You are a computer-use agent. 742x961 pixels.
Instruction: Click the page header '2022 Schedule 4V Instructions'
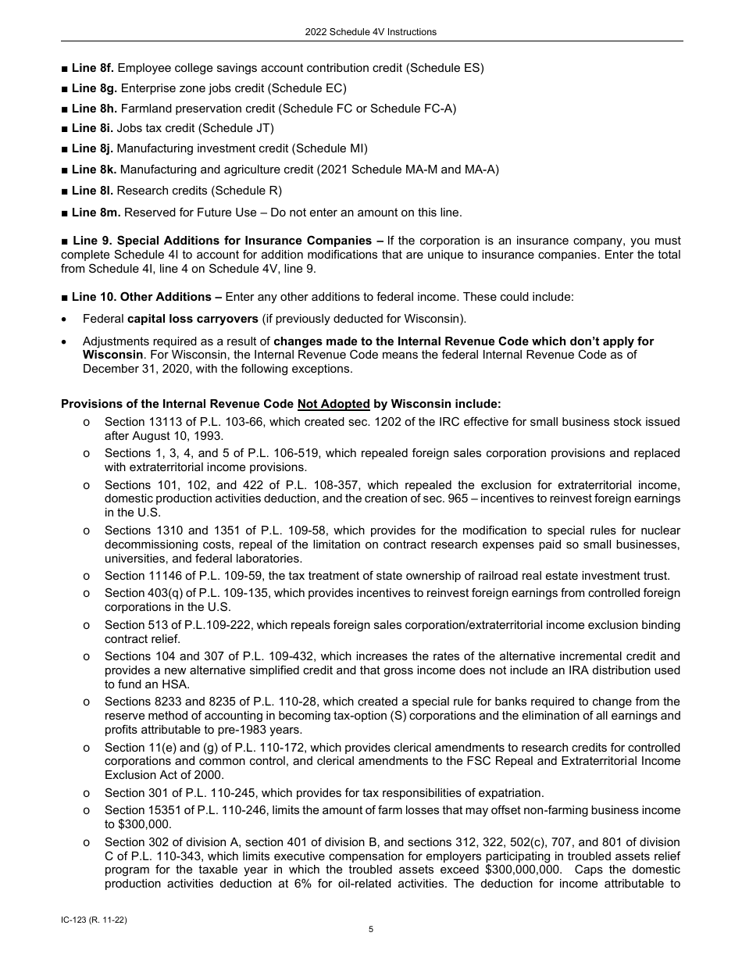click(x=371, y=32)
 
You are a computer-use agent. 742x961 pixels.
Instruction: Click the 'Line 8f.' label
click(x=92, y=68)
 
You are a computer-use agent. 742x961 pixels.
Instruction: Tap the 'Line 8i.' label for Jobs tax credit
click(x=91, y=128)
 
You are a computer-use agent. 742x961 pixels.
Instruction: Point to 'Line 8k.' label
click(x=93, y=169)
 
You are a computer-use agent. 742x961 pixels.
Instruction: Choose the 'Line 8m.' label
click(x=95, y=212)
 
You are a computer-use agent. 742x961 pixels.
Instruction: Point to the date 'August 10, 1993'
click(x=180, y=436)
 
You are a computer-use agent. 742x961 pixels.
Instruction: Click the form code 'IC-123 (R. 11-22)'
click(x=94, y=920)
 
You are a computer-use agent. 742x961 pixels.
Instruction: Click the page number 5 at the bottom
click(x=371, y=929)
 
